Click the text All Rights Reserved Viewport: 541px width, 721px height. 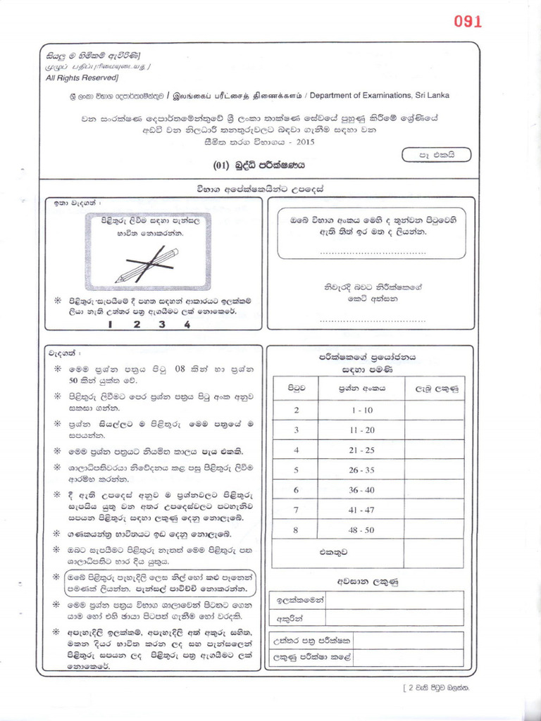point(82,77)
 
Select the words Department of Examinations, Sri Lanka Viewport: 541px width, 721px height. point(379,96)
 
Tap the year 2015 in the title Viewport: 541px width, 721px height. point(305,142)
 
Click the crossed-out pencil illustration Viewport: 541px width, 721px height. point(148,263)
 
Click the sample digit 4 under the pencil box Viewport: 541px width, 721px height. point(187,325)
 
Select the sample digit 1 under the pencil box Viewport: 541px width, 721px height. point(111,325)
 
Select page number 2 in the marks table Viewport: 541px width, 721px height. point(297,410)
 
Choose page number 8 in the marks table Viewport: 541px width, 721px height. point(297,529)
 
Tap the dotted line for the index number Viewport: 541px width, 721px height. point(373,251)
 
